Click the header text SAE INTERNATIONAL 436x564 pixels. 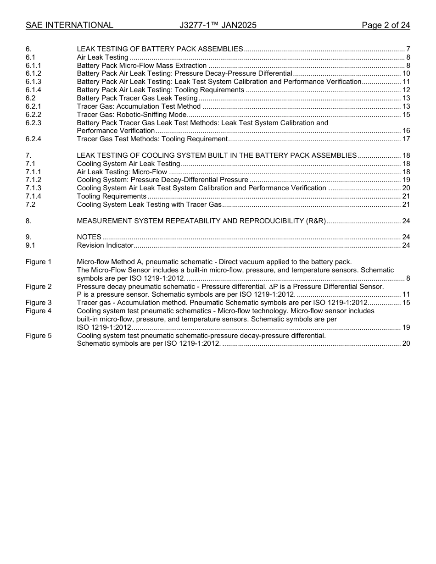(69, 25)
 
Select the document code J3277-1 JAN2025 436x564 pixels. (218, 25)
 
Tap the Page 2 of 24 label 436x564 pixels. (386, 25)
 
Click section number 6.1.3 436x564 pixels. (34, 82)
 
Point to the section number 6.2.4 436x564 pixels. (34, 139)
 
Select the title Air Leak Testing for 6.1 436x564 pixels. (102, 57)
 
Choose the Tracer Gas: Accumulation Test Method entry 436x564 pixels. (139, 106)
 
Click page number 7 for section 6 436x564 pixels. (408, 49)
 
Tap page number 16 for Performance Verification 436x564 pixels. (406, 131)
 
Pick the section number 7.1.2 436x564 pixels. (34, 180)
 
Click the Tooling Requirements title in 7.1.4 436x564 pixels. (112, 196)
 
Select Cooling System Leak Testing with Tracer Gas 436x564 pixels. (149, 205)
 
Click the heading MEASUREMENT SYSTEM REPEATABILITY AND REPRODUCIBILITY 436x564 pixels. (201, 221)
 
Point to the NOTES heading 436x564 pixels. (89, 237)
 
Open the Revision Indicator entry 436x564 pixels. (105, 245)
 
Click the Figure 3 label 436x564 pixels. (39, 303)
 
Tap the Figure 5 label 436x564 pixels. (39, 336)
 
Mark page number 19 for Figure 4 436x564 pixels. (406, 327)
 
